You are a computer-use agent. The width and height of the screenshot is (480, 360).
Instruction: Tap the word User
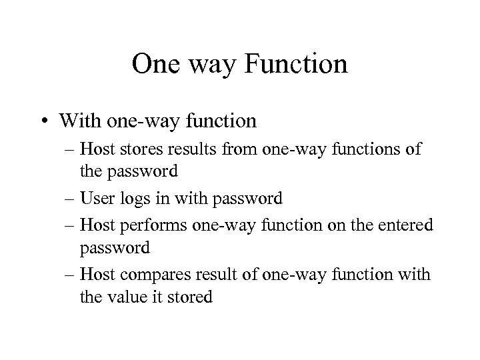96,199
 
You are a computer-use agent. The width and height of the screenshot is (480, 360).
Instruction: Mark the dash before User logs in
71,199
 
